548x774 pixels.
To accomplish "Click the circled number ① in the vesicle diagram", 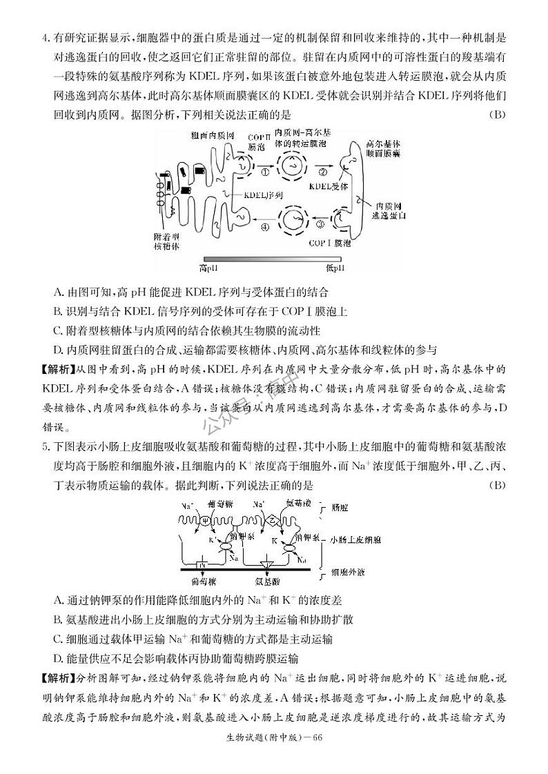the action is (265, 171).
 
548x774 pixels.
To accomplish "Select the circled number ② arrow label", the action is (322, 171).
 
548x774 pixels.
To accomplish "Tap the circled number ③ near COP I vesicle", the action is (320, 223).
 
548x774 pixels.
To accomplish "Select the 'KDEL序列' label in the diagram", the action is (263, 195).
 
